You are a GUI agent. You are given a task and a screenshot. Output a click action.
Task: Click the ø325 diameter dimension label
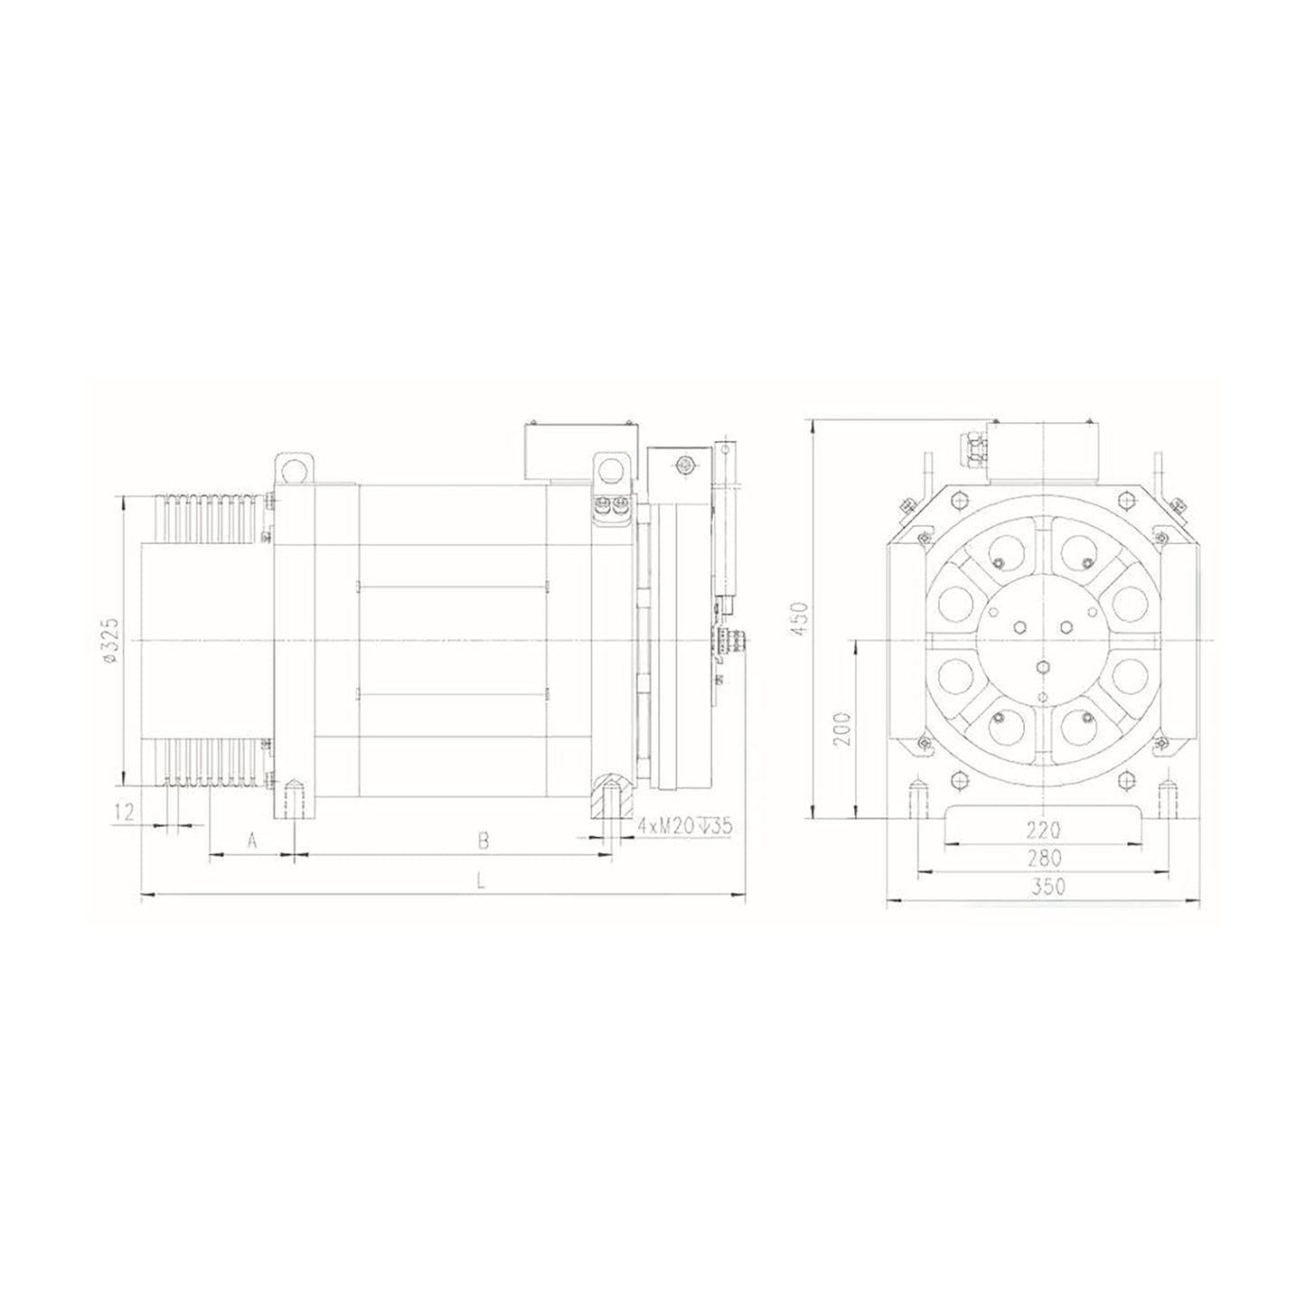click(x=110, y=640)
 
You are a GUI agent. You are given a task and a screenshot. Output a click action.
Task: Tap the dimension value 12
click(x=126, y=811)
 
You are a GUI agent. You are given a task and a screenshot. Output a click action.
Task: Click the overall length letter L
click(x=481, y=883)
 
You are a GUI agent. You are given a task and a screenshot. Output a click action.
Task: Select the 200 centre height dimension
click(x=842, y=728)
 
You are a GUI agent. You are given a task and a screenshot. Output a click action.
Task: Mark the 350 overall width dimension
click(x=1048, y=887)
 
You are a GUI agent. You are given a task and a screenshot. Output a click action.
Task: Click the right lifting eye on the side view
click(x=612, y=469)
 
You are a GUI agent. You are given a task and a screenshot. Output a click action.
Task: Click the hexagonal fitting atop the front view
click(x=976, y=446)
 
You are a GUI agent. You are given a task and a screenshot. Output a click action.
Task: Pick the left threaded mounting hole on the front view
click(x=917, y=794)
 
